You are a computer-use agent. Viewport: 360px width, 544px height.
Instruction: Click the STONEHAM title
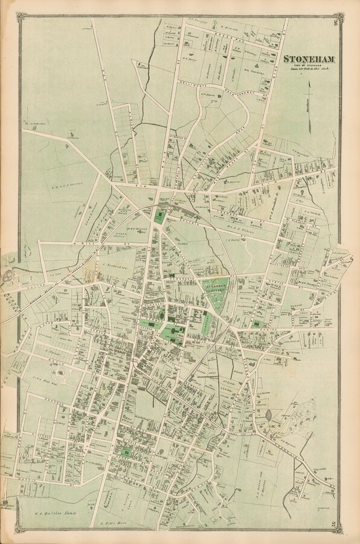point(310,59)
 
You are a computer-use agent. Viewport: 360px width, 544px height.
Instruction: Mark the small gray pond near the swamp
point(268,416)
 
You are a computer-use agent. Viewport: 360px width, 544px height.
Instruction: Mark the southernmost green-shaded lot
point(126,452)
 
